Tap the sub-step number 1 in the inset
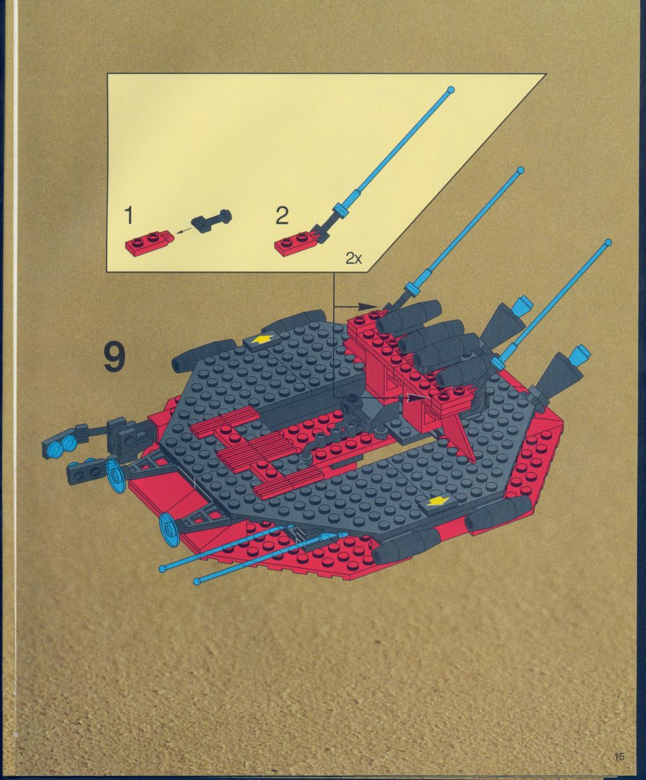coord(129,216)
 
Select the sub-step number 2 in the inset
coord(282,216)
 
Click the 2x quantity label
coord(354,258)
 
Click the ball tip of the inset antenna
coord(451,90)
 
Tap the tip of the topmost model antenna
coord(520,170)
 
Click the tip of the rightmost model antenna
coord(608,242)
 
